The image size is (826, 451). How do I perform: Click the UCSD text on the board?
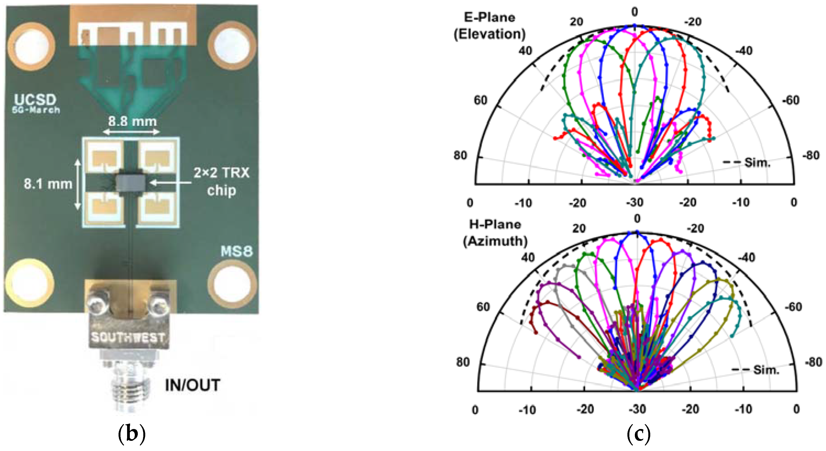tap(35, 100)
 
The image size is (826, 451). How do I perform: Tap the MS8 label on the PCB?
tap(237, 252)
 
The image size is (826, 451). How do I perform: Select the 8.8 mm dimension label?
tap(132, 122)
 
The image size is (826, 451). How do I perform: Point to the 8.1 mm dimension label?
tap(48, 184)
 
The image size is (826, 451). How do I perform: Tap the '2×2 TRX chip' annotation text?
tap(221, 181)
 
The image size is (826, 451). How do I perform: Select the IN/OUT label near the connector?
tap(192, 385)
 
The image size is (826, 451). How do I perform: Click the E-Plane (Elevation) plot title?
tap(490, 26)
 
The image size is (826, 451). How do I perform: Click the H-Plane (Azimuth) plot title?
tap(495, 233)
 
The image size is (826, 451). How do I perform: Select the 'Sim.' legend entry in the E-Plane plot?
tap(757, 163)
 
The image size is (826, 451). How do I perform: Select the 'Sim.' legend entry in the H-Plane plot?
tap(766, 370)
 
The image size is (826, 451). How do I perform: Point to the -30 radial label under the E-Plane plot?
tap(635, 203)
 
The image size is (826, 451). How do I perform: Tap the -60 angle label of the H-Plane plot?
tap(793, 307)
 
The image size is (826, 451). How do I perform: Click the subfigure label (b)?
tap(132, 434)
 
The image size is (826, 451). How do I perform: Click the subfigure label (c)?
tap(638, 434)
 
